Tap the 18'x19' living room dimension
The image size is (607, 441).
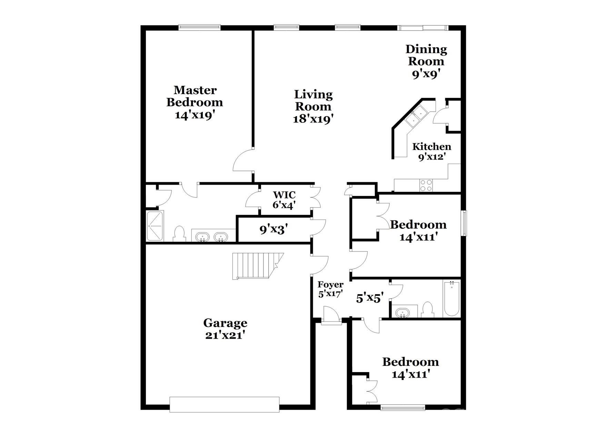coord(313,119)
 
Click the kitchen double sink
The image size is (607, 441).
coord(416,116)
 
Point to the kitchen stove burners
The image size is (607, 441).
coord(426,185)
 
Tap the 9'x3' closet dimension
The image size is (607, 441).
coord(273,229)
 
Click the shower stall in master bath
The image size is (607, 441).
coord(155,226)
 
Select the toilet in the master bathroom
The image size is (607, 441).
coord(179,234)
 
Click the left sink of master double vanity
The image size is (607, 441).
coord(202,237)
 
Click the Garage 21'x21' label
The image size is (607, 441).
coord(225,329)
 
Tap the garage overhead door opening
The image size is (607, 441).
coord(225,404)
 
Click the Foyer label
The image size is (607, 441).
coord(330,285)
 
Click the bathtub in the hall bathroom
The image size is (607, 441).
coord(451,299)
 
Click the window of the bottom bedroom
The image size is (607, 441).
coord(403,408)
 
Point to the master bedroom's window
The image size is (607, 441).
coord(199,27)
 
